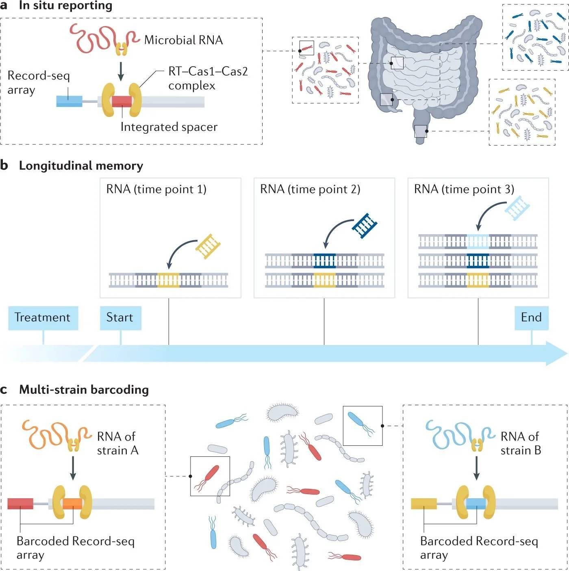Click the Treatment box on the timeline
coord(43,318)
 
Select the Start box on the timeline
coord(120,318)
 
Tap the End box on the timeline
coord(531,318)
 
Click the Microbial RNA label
coord(183,40)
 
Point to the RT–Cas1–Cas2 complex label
coord(208,78)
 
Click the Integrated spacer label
coord(169,127)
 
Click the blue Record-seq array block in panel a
coord(69,101)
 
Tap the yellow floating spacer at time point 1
coord(208,246)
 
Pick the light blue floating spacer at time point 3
coord(517,207)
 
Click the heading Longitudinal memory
coord(81,166)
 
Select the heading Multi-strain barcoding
coord(84,390)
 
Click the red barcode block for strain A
coord(20,504)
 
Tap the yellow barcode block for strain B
coord(423,504)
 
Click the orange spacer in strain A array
coord(72,504)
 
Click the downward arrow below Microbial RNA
coord(121,72)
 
